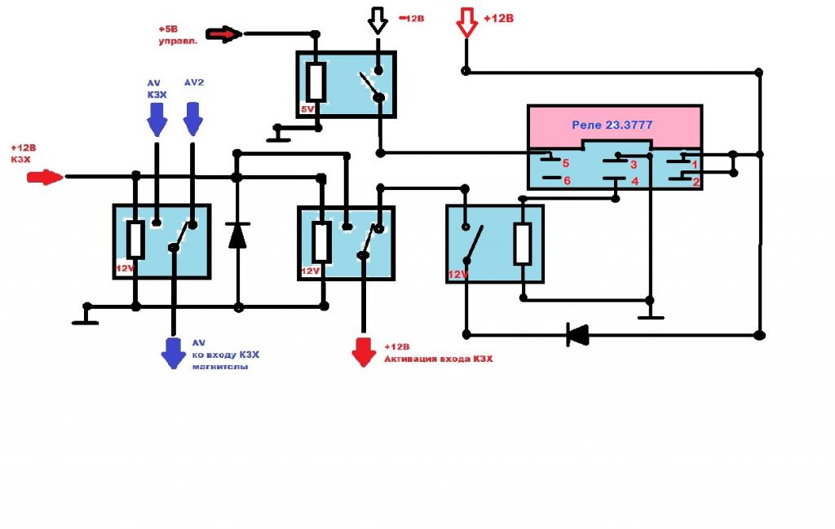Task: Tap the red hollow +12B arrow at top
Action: coord(466,22)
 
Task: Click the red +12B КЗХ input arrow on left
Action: coord(46,177)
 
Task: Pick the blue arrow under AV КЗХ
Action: coord(156,123)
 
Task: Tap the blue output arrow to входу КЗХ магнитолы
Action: coord(173,353)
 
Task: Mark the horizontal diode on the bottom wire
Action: coord(577,333)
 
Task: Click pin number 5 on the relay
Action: coord(565,163)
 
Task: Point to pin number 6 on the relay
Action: coord(567,181)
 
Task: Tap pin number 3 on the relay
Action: coord(633,163)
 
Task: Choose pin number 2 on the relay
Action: coord(696,182)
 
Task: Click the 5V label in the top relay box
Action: coord(307,108)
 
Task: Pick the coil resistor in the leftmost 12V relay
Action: coord(135,240)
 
